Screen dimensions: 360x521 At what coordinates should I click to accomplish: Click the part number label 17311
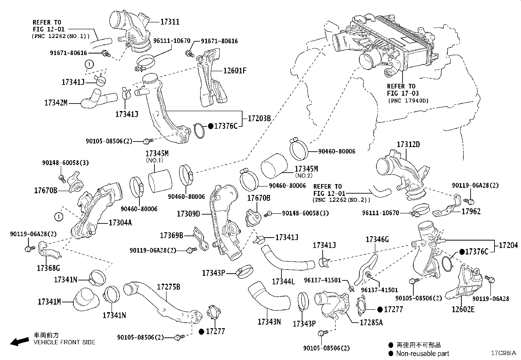170,22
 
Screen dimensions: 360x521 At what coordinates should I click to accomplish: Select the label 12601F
235,70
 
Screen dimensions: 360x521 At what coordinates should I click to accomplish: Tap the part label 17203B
259,118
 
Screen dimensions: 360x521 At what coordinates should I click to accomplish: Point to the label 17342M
56,103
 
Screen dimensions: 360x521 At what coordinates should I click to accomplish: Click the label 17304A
120,223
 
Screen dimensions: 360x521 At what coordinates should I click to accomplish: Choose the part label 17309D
188,214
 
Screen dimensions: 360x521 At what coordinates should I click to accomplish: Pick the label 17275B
169,287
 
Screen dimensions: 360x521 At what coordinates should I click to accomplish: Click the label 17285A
371,322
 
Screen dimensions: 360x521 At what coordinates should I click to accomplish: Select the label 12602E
463,310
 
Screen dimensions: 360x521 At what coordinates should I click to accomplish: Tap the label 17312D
408,144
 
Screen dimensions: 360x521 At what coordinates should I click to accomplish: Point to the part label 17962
471,212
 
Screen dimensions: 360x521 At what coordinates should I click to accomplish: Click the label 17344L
283,281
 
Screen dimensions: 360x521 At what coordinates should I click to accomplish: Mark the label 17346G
377,239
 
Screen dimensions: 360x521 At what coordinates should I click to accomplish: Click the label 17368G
48,268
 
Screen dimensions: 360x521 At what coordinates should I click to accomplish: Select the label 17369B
171,235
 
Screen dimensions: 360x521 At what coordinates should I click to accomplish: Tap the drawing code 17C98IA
503,353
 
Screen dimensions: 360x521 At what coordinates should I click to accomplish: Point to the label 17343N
269,322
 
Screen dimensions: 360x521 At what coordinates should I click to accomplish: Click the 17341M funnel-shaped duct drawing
86,298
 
